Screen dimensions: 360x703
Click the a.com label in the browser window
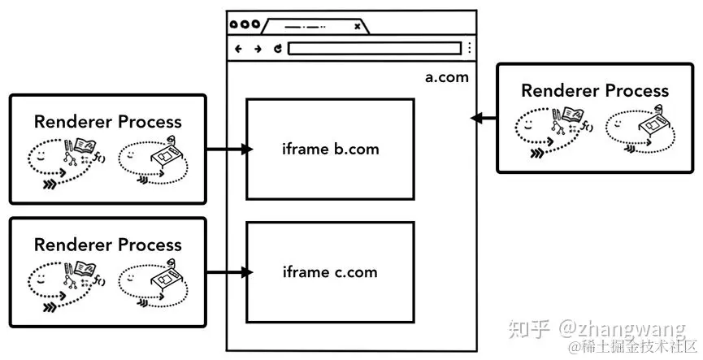pos(447,78)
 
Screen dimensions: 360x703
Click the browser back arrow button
pos(238,49)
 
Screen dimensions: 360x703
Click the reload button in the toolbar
pos(277,49)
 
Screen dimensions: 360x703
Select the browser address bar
pos(374,49)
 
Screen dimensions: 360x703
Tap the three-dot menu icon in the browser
pos(469,49)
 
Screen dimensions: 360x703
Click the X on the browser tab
pos(357,26)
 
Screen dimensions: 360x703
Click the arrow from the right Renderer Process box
pos(483,119)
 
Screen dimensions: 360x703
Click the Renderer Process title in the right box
pos(595,90)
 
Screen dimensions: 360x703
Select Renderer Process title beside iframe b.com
pos(108,122)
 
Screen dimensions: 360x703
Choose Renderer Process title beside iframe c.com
pos(108,245)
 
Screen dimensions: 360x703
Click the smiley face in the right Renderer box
pos(528,124)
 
